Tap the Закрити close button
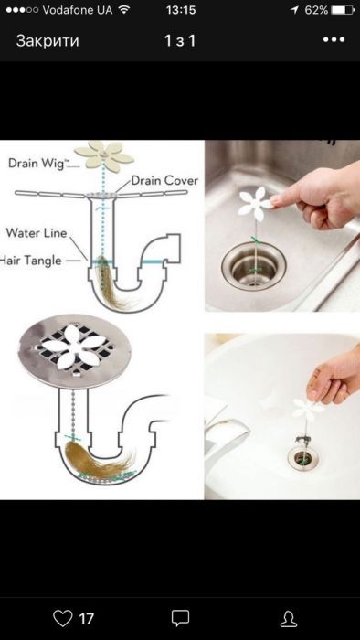48,41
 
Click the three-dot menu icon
334,40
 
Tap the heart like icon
63,618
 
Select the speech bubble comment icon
180,618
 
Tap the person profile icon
289,619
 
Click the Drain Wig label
36,164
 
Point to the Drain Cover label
164,180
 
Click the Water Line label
36,233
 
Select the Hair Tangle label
30,261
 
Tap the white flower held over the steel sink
254,202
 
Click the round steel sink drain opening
254,267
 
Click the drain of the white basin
303,457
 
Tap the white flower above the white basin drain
307,409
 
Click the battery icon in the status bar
343,10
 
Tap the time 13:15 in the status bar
181,10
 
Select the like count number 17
86,619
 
